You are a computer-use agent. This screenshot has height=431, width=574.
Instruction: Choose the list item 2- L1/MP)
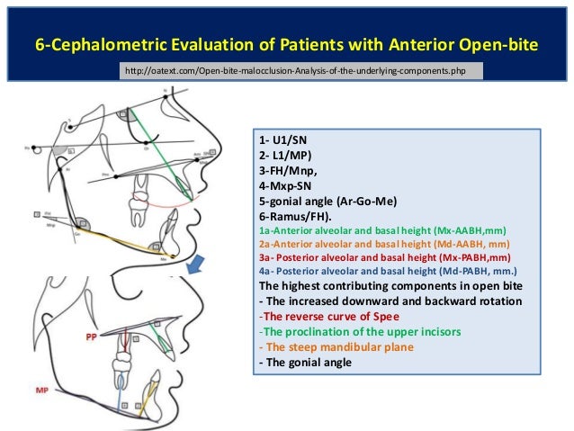[x=284, y=156]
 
